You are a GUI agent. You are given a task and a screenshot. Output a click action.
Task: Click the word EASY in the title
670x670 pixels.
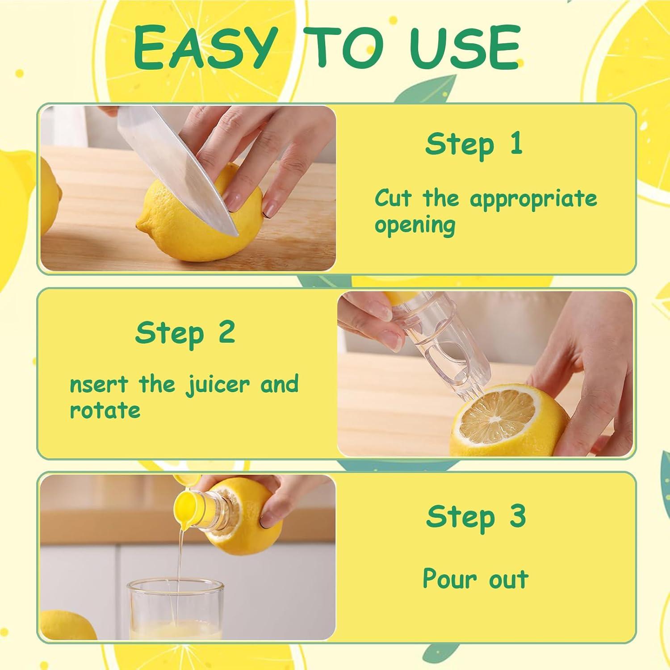coord(204,48)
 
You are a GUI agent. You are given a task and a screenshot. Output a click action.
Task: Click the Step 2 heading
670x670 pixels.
coord(185,333)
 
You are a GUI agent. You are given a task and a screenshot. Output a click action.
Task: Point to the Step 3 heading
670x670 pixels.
coord(476,517)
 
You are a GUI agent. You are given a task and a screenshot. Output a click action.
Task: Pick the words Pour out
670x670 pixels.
coord(475,579)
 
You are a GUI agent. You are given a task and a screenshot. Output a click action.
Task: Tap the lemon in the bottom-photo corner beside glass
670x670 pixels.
coord(67,625)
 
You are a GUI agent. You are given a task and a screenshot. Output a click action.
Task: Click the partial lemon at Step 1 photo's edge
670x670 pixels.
coord(50,201)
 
